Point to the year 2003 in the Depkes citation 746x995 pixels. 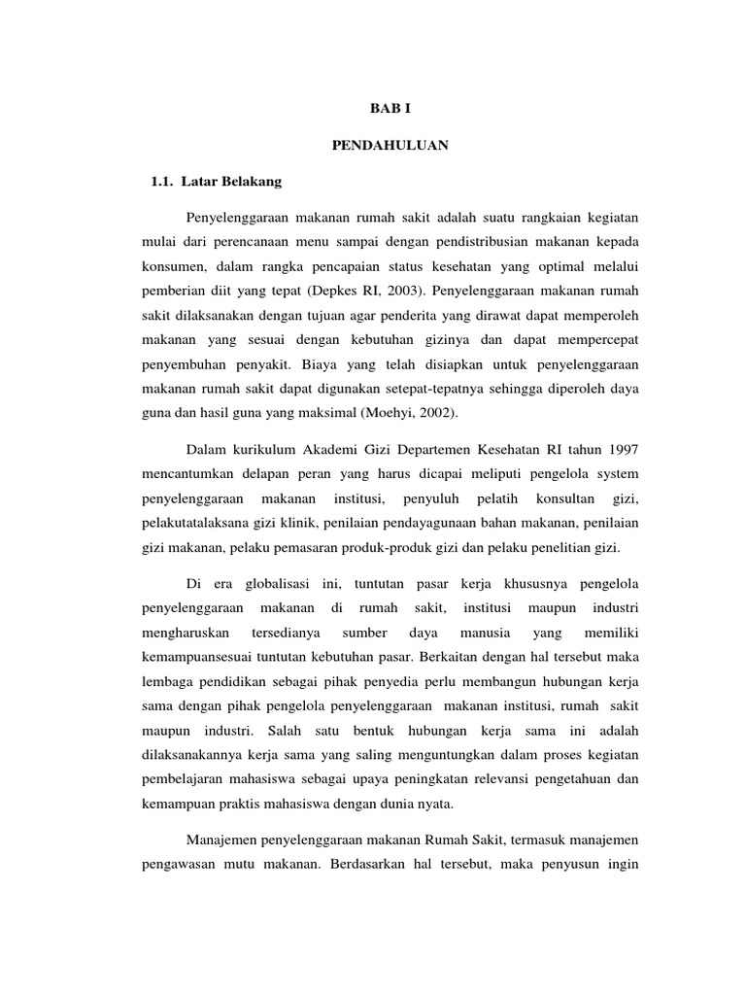(403, 290)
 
